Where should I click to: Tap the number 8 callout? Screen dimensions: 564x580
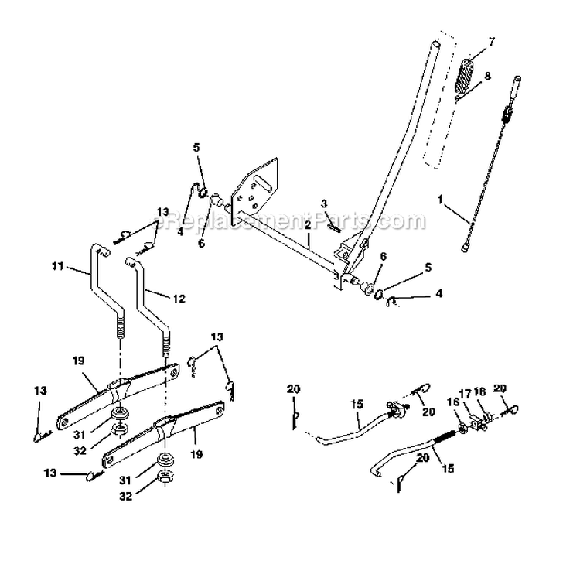[486, 77]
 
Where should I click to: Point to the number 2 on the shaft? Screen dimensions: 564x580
[307, 224]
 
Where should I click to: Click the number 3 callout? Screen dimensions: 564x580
[325, 203]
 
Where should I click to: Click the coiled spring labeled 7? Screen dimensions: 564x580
[466, 76]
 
